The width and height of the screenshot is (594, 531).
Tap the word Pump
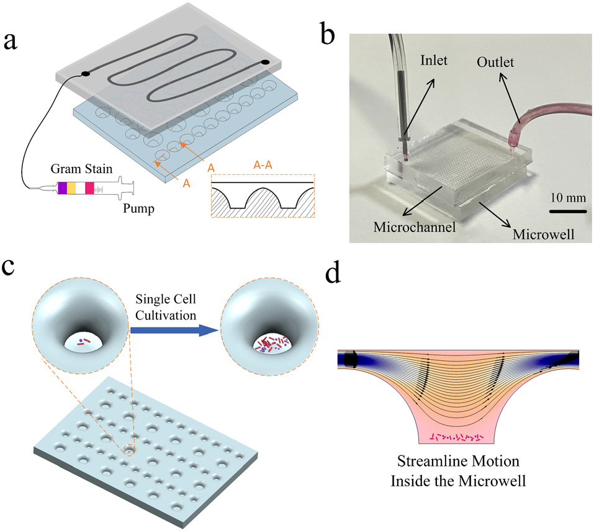[137, 208]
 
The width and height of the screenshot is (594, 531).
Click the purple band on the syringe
[62, 188]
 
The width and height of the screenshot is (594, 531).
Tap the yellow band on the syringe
[71, 188]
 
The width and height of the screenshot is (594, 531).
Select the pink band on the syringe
[89, 188]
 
